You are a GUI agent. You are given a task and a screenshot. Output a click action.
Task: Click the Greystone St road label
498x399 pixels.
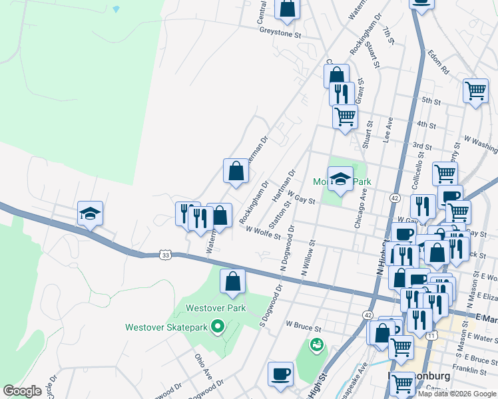280,32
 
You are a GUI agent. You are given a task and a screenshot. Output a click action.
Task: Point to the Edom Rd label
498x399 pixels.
439,63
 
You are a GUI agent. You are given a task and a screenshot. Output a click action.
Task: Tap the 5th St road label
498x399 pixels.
431,101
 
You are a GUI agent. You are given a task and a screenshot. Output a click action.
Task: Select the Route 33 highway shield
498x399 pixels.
166,254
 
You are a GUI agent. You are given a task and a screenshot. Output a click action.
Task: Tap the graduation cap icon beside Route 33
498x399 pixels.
90,213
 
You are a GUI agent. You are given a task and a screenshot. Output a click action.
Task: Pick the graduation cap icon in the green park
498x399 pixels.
340,179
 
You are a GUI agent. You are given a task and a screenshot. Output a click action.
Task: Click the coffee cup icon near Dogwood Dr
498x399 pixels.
280,373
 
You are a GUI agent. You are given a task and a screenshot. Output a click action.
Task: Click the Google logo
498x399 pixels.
23,391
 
